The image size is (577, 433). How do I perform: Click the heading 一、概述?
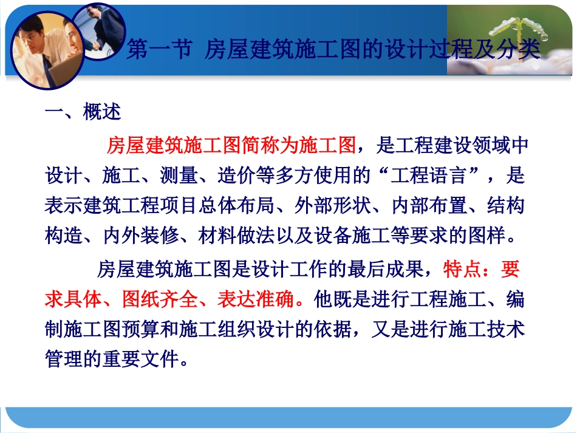coord(83,112)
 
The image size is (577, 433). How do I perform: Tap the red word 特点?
coord(462,268)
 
